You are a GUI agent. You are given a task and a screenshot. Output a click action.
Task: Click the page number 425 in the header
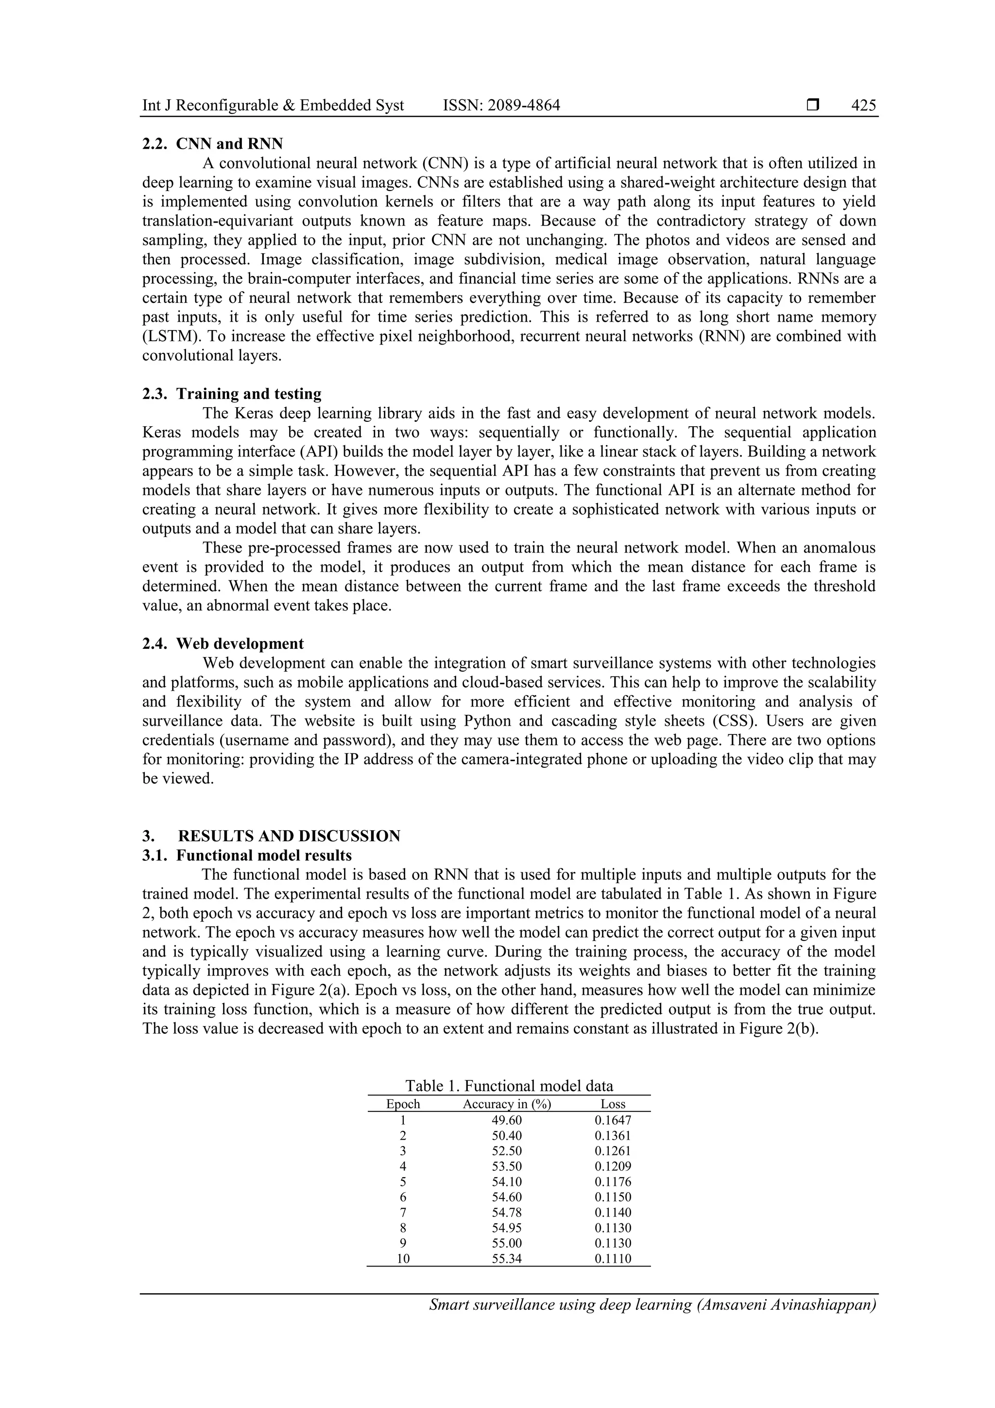(863, 105)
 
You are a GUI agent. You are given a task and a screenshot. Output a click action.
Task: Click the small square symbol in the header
(813, 105)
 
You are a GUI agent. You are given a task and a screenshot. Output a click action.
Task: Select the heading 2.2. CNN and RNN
(213, 144)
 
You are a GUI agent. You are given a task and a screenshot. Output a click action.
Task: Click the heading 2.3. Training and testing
(232, 394)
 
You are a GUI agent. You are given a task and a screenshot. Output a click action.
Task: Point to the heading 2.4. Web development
(223, 644)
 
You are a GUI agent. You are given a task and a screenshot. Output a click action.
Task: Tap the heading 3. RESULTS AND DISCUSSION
(271, 836)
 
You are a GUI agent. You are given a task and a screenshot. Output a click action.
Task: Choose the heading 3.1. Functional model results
(247, 855)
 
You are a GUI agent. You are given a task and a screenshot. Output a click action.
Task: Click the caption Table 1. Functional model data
(509, 1086)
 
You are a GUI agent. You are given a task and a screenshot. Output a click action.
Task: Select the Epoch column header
(403, 1104)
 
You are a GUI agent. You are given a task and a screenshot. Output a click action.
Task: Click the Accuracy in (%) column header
(507, 1104)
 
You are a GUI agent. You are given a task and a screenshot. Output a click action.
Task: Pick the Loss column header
(613, 1104)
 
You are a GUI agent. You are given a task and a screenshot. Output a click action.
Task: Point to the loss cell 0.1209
(613, 1166)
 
